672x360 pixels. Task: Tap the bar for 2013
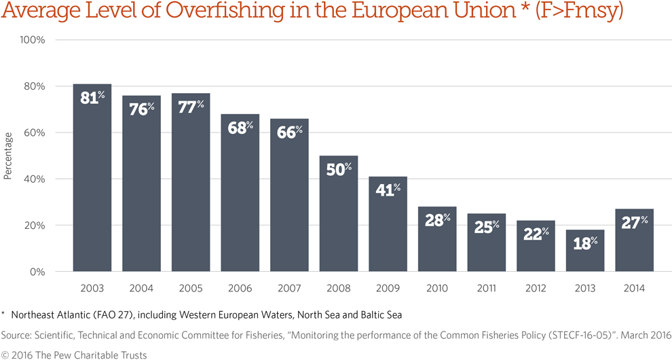tap(585, 251)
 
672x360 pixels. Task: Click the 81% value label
tap(92, 98)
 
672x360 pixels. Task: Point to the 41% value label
tap(388, 190)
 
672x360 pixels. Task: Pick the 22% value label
tap(536, 234)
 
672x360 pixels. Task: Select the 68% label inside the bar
tap(240, 128)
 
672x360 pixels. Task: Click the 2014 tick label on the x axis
tap(634, 289)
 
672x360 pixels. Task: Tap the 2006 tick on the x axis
tap(240, 289)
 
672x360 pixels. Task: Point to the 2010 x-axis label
tap(437, 289)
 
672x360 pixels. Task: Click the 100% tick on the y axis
tap(32, 40)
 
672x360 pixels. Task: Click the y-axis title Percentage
tap(8, 156)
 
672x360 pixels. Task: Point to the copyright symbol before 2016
tap(4, 355)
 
